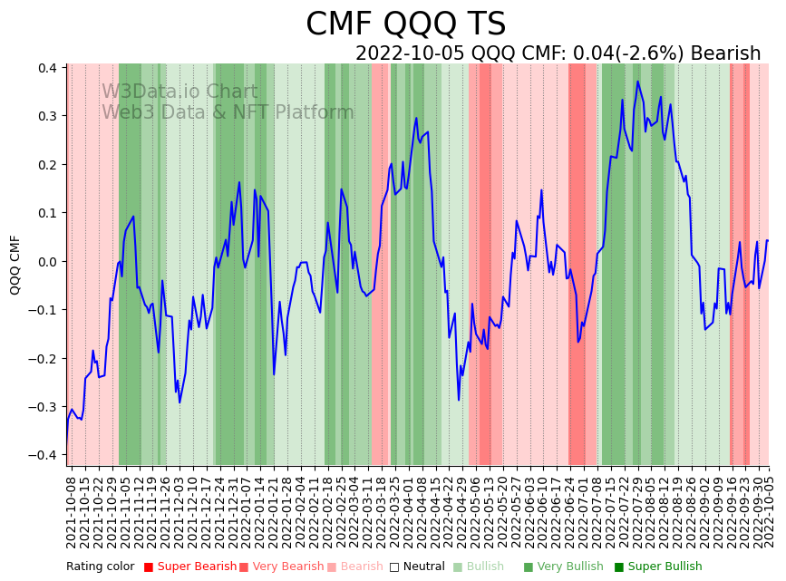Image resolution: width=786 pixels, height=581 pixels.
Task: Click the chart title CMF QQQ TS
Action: click(405, 24)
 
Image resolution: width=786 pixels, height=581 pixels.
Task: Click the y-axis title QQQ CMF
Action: click(15, 265)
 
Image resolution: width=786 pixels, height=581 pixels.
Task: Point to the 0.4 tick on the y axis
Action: click(47, 68)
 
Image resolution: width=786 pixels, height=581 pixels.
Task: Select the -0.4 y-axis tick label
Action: click(44, 455)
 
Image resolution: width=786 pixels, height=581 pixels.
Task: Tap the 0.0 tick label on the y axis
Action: click(47, 262)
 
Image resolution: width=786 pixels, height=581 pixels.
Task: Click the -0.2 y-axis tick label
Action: click(44, 358)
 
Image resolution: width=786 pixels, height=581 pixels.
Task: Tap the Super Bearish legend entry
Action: click(190, 567)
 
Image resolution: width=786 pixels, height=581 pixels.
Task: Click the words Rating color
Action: click(100, 567)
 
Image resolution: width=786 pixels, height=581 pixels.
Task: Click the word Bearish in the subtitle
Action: click(725, 53)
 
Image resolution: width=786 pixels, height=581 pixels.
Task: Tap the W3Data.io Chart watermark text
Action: click(180, 92)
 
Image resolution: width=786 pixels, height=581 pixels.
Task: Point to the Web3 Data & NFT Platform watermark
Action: click(228, 112)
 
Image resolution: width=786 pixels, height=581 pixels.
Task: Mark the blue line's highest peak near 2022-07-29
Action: click(637, 82)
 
